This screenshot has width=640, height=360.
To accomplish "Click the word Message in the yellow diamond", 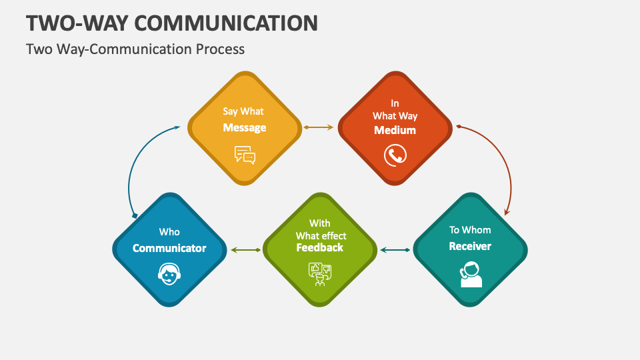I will click(245, 127).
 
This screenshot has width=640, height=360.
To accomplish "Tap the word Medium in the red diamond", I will click(395, 130).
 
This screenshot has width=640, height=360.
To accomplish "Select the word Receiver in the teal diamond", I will click(470, 246).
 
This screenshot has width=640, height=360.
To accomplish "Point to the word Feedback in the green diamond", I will click(320, 247).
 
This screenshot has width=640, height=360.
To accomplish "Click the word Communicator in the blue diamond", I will click(169, 248).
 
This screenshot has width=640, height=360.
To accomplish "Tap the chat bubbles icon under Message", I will click(245, 155).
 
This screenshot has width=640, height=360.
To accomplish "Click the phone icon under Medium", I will click(395, 155).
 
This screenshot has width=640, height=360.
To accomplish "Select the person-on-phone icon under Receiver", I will click(471, 274).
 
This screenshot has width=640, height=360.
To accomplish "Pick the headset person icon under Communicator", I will click(169, 273).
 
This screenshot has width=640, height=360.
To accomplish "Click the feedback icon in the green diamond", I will click(320, 273).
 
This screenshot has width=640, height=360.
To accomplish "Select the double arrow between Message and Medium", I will click(319, 127).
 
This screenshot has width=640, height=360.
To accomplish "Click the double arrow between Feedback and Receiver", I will click(395, 250).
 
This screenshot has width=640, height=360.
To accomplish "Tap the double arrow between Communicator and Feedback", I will click(246, 250).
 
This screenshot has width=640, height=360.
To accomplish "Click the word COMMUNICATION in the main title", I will click(226, 23).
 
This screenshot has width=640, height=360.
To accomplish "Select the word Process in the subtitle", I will click(222, 49).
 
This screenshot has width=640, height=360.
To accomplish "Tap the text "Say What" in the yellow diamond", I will click(244, 111).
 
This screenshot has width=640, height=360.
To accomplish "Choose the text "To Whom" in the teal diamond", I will click(470, 230).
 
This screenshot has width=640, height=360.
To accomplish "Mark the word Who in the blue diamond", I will click(169, 232).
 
